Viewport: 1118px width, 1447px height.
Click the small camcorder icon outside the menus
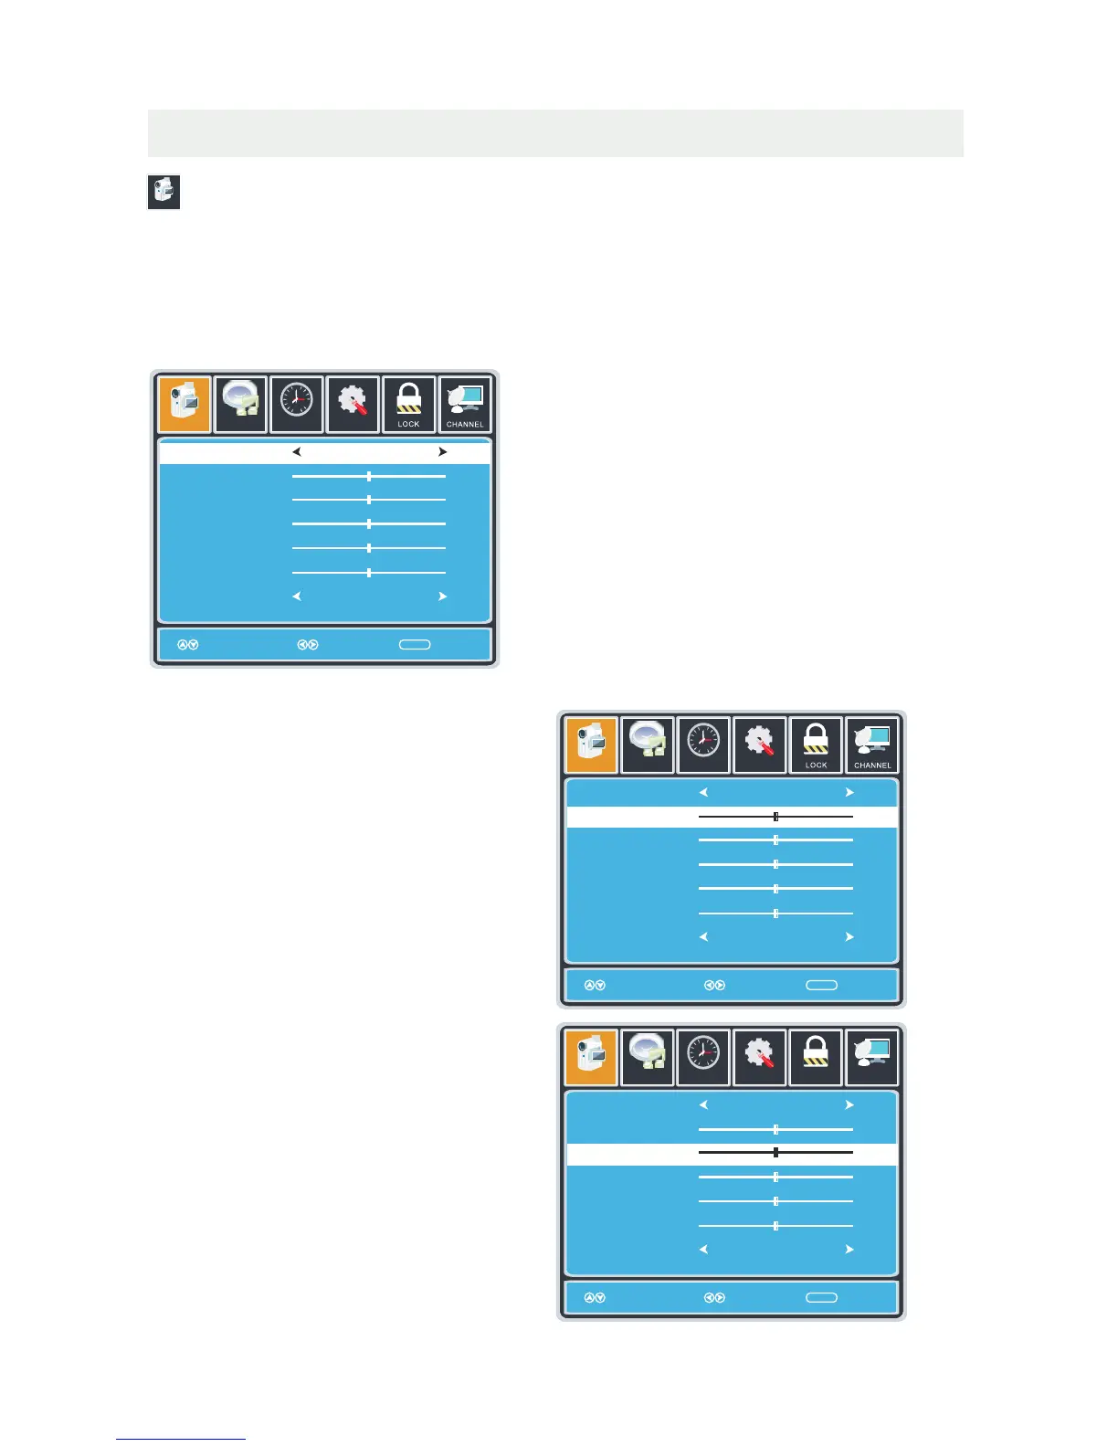(x=163, y=192)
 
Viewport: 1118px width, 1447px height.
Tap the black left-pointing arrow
(x=296, y=451)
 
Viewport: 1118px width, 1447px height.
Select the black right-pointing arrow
(x=442, y=451)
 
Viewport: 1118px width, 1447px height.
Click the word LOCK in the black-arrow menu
(x=408, y=424)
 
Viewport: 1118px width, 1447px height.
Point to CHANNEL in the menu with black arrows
(x=465, y=424)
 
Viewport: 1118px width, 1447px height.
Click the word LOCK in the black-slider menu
(x=816, y=765)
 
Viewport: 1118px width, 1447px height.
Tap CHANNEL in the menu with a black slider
(x=872, y=765)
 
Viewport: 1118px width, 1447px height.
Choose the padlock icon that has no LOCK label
(x=816, y=1055)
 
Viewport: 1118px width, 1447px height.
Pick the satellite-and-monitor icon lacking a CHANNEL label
(x=872, y=1055)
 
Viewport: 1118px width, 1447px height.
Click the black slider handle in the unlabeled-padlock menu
(x=775, y=1153)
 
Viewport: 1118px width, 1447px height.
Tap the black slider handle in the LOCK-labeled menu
(x=775, y=817)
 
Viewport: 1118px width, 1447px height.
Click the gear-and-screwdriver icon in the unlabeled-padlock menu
(x=759, y=1055)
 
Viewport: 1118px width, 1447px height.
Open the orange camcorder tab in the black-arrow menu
(x=185, y=404)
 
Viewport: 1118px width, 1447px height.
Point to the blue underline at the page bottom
(x=181, y=1439)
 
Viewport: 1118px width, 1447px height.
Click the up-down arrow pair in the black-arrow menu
(x=187, y=645)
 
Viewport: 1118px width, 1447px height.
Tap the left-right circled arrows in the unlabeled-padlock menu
(x=714, y=1297)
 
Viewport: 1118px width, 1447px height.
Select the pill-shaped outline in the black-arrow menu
(x=415, y=645)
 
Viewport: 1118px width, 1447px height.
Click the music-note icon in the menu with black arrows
(x=241, y=403)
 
